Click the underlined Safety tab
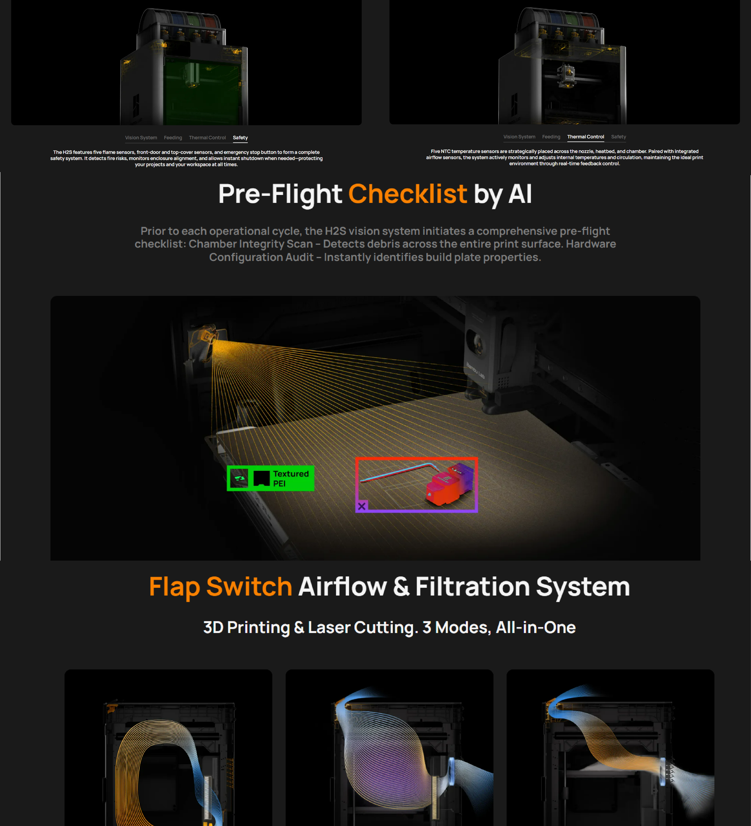pyautogui.click(x=240, y=138)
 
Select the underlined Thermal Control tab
pyautogui.click(x=586, y=137)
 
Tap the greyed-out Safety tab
pyautogui.click(x=618, y=137)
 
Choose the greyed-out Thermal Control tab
pyautogui.click(x=207, y=138)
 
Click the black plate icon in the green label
pyautogui.click(x=261, y=478)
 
